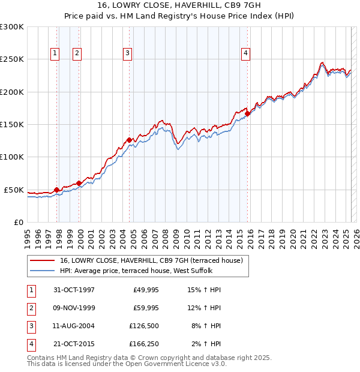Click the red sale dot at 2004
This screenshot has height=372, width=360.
(x=129, y=140)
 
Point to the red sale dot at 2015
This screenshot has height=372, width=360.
(x=248, y=114)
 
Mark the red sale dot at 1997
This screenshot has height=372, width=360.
(x=57, y=190)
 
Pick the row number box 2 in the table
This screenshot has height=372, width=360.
(x=31, y=308)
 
